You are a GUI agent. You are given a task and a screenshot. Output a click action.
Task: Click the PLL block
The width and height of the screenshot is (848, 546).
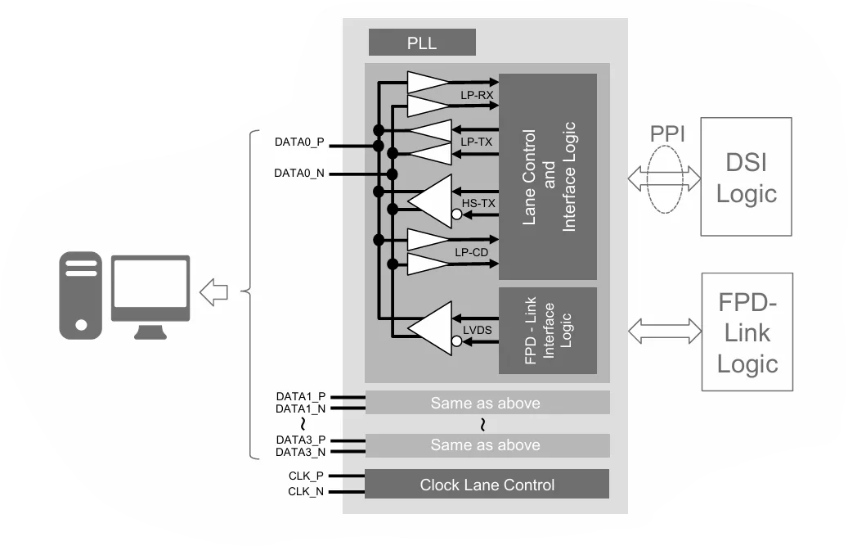point(422,42)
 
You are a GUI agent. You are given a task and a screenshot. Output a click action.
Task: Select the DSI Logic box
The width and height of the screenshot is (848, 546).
point(747,177)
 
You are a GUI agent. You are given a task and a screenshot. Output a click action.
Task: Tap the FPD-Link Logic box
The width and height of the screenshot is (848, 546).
point(747,332)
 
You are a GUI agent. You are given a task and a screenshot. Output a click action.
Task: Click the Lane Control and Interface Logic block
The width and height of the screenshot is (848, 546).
point(548,177)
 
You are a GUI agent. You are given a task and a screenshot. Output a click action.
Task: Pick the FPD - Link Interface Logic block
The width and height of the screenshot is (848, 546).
point(548,331)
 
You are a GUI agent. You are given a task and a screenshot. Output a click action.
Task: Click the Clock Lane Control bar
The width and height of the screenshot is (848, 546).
point(487,485)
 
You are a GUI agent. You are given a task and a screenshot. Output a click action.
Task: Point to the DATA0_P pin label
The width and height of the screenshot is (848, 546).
point(299,142)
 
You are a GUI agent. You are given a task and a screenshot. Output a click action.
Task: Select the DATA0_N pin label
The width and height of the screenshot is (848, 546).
point(299,173)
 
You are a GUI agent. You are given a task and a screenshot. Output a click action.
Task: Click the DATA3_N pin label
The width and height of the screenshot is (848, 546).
point(300,452)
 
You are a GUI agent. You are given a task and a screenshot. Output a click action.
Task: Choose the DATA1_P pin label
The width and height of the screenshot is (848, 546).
point(300,396)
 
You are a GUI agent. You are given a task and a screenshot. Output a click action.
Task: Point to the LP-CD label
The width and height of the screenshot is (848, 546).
point(472,253)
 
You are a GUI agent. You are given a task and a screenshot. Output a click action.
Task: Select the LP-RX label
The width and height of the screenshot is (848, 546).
point(474,96)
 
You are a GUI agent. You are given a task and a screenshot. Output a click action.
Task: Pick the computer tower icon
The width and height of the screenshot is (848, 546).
point(80,295)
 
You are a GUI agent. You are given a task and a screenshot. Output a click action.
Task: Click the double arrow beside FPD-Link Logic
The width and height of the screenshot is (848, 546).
point(665,331)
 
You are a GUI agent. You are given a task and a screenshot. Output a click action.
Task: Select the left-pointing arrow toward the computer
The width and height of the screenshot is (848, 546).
point(213,291)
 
